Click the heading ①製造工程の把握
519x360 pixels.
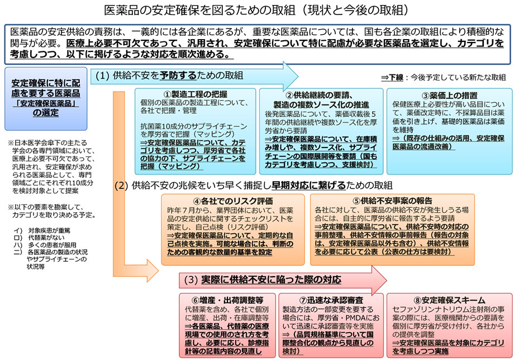tap(196, 94)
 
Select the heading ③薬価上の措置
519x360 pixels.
tap(450, 96)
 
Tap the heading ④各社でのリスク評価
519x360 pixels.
tap(233, 201)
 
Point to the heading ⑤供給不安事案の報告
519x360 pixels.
tap(393, 201)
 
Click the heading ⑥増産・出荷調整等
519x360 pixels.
tap(227, 300)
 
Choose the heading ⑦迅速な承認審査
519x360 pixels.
tap(331, 300)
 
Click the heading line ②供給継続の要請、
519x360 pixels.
tap(319, 96)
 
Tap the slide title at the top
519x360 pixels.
tap(256, 10)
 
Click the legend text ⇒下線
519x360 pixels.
tap(392, 78)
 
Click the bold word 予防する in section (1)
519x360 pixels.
tap(178, 75)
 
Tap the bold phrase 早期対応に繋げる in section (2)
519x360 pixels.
tap(308, 186)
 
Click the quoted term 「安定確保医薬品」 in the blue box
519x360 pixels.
tap(46, 103)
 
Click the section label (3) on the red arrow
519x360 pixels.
tap(191, 280)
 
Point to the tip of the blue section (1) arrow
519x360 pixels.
tap(298, 76)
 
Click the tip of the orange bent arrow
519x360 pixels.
tap(158, 271)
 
